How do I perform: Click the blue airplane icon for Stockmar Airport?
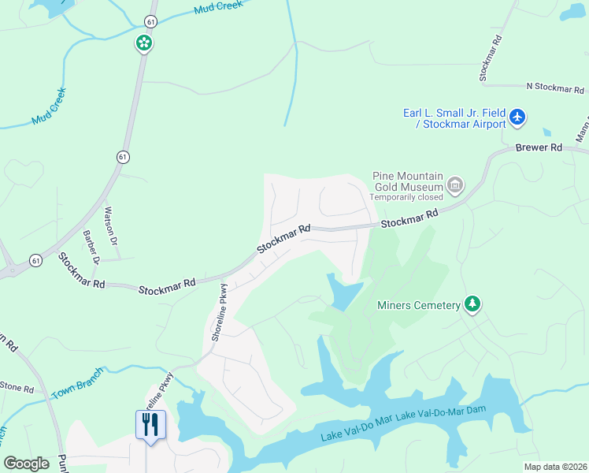pos(517,118)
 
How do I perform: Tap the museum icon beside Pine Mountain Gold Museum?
pos(454,186)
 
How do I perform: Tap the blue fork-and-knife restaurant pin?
pos(148,425)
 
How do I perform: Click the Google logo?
pos(26,464)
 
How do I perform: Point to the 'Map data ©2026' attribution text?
pos(555,467)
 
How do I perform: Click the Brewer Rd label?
pos(539,147)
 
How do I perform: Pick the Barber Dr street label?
pos(91,246)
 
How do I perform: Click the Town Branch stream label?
pos(77,382)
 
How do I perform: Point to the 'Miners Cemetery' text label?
pos(417,305)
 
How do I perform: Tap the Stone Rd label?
pos(16,388)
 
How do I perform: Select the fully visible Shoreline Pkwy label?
pos(219,312)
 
